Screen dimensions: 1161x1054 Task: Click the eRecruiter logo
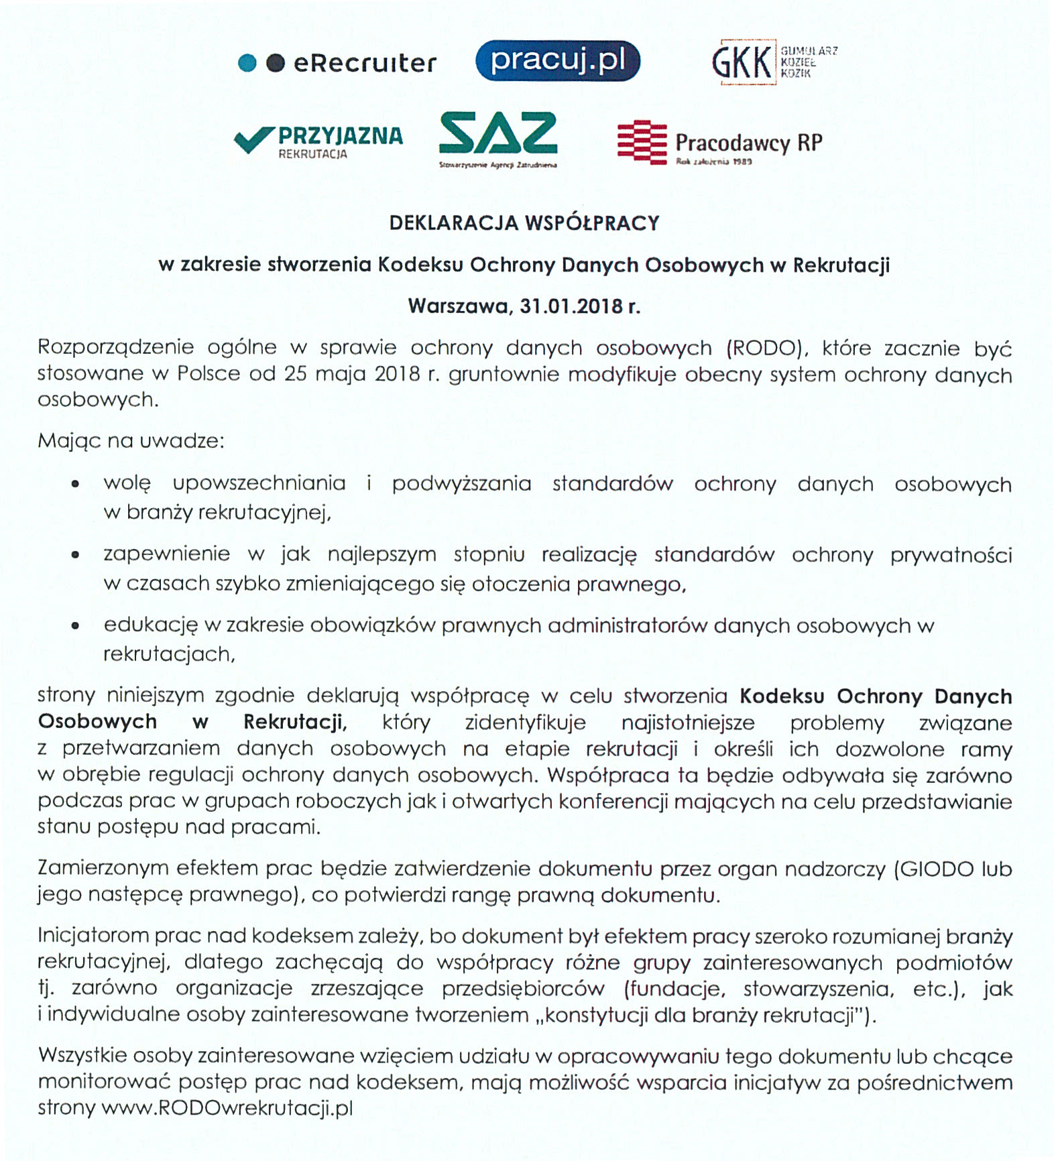click(337, 63)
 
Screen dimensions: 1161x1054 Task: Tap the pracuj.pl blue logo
click(558, 61)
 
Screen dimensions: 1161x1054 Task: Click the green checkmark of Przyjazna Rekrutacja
click(253, 139)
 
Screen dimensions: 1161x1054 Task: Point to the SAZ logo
click(498, 138)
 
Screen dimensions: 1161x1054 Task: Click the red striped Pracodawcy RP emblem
click(642, 142)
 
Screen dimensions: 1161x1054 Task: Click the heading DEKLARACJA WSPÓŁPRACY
click(524, 223)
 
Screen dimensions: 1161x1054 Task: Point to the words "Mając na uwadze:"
click(131, 441)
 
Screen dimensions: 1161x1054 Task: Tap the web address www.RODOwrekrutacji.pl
click(227, 1108)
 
